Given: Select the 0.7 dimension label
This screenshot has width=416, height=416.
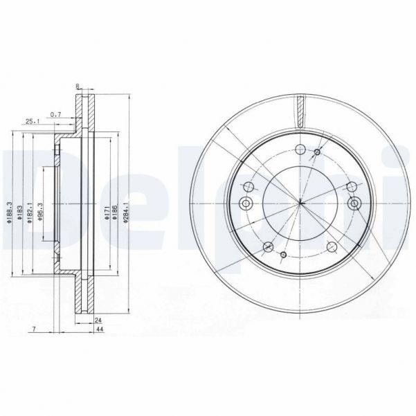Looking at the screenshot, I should tap(56, 114).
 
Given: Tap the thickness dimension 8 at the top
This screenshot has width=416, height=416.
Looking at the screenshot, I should tap(78, 87).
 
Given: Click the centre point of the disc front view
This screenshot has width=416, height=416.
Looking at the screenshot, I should tap(301, 203).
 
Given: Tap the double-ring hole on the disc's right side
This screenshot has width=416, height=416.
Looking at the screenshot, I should tap(355, 203).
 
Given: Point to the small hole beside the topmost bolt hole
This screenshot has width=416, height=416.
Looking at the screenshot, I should tap(318, 152).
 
